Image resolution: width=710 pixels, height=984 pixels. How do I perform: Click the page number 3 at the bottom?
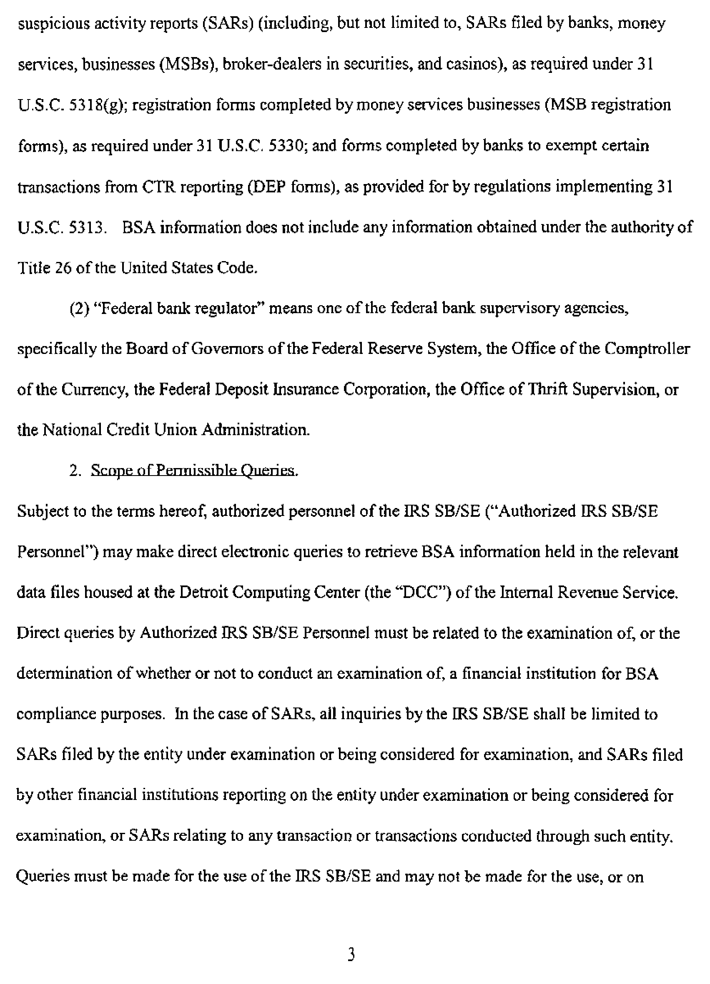pos(352,954)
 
